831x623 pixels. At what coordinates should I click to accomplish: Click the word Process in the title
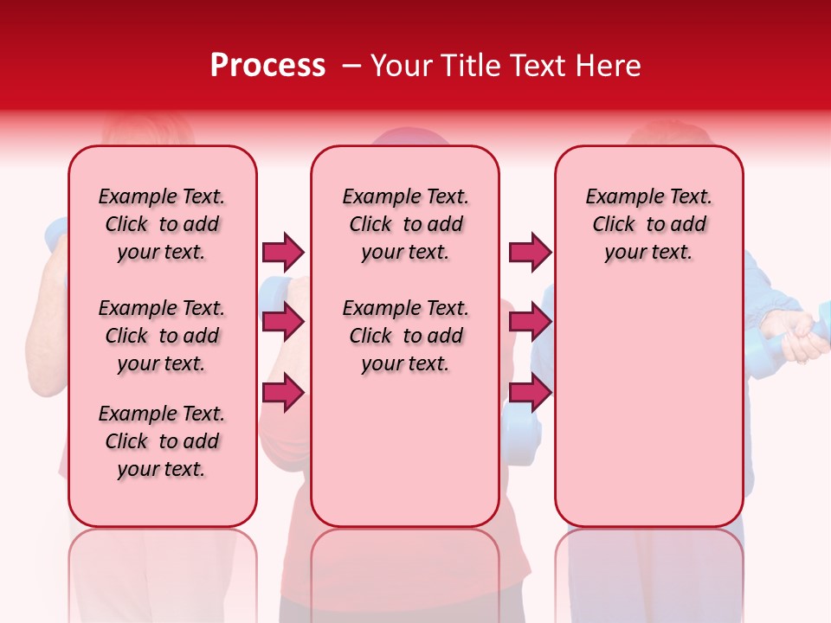[x=267, y=66]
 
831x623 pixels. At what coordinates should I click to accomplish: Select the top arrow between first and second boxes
[x=283, y=252]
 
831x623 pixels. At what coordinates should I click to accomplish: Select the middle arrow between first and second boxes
[x=283, y=322]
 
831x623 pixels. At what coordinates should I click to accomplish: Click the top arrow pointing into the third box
[x=530, y=252]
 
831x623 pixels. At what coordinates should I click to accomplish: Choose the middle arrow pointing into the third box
[x=530, y=322]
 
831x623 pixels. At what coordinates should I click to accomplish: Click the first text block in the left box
[x=162, y=224]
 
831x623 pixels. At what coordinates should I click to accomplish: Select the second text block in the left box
[x=162, y=336]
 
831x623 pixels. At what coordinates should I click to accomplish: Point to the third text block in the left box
[x=162, y=441]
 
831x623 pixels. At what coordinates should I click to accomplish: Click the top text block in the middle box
[x=405, y=224]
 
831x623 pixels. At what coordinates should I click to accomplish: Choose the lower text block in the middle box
[x=405, y=336]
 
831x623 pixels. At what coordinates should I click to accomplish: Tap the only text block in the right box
[x=648, y=224]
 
